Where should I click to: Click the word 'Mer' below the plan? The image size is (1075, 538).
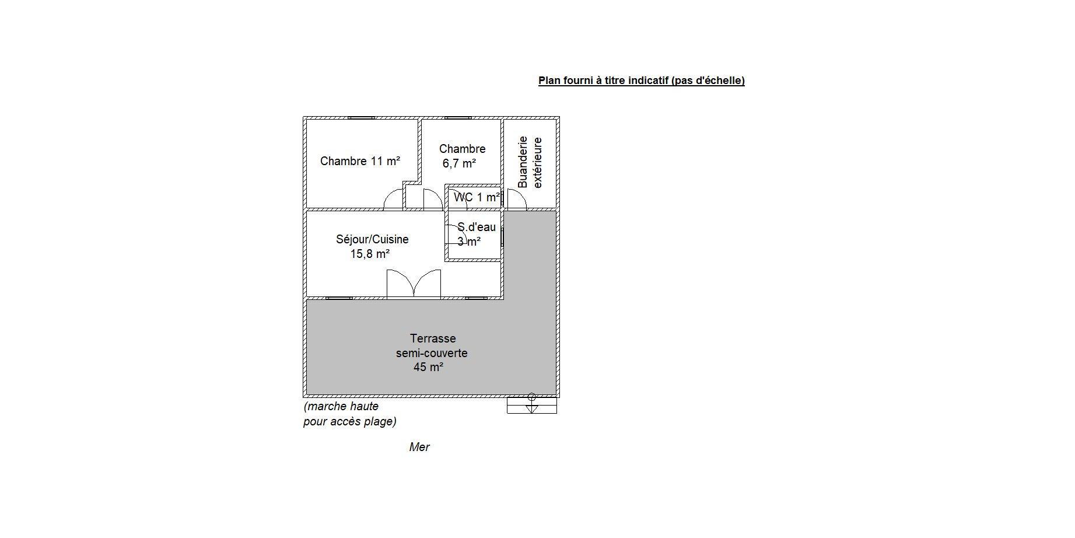click(419, 447)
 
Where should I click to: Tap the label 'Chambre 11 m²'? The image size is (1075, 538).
click(360, 161)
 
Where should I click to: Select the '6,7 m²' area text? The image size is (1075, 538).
click(459, 163)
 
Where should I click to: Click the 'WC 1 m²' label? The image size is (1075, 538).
click(477, 197)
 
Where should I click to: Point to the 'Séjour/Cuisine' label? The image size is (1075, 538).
click(372, 239)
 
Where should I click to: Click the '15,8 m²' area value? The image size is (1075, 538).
click(370, 254)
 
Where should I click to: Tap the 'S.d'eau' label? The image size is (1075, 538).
click(477, 227)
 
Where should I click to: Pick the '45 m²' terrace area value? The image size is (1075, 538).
click(429, 367)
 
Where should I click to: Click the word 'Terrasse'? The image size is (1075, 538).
click(433, 338)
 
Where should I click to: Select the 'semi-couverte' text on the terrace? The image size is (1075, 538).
click(432, 353)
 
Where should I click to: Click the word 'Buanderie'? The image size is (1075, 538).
click(523, 162)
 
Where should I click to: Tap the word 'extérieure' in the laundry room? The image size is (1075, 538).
click(538, 163)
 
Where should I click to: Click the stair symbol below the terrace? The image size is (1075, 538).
click(532, 405)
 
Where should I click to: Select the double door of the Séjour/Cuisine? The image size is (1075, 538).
click(414, 284)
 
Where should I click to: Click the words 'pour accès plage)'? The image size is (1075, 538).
click(350, 421)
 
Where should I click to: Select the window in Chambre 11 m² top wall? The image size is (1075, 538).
click(361, 118)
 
